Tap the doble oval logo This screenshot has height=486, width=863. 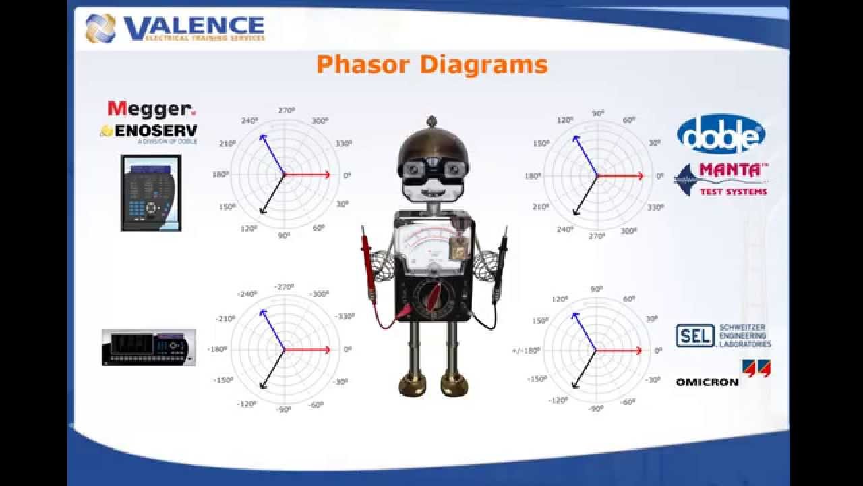coord(721,134)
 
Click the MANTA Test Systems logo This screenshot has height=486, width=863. coord(722,180)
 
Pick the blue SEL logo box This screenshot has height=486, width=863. coord(694,335)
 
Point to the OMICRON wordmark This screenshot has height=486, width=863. coord(707,383)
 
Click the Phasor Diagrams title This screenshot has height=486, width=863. coord(431,65)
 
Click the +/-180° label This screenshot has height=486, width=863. coord(526,350)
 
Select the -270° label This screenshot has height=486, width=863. coord(285,287)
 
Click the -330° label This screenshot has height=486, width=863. coord(345,316)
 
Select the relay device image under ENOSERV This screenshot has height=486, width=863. coord(151,193)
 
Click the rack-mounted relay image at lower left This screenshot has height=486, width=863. coord(148,348)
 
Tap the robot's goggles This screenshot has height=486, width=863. coord(431,169)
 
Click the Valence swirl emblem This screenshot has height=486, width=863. coord(100,28)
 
